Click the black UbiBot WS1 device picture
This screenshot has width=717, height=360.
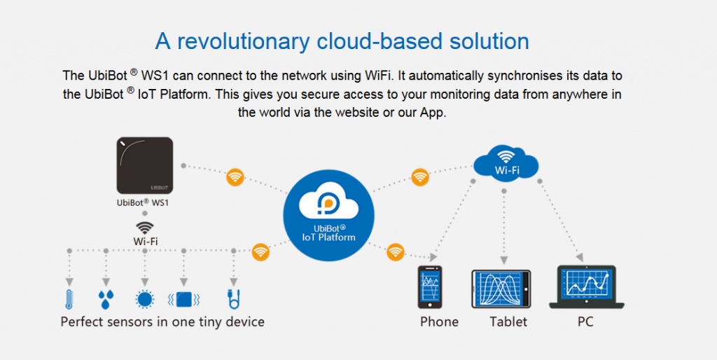click(144, 165)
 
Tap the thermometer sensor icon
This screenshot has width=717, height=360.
click(69, 299)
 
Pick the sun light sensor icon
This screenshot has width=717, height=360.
click(145, 300)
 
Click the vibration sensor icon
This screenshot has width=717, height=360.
click(184, 300)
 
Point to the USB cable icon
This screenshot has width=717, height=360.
click(234, 299)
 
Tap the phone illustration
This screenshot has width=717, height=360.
click(430, 287)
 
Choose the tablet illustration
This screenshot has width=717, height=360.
click(501, 289)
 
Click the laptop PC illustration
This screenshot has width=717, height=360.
click(587, 287)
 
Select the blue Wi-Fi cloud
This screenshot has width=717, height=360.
click(506, 162)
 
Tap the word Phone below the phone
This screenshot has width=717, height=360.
click(439, 322)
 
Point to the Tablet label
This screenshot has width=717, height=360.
click(508, 322)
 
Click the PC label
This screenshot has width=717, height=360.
click(585, 322)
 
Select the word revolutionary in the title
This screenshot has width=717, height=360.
click(243, 41)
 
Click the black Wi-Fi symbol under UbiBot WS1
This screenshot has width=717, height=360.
click(145, 228)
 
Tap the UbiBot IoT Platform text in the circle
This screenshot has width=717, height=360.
click(328, 233)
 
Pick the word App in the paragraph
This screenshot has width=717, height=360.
click(432, 113)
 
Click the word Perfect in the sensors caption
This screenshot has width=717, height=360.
click(81, 322)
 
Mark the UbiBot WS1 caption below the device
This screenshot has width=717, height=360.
click(143, 202)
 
